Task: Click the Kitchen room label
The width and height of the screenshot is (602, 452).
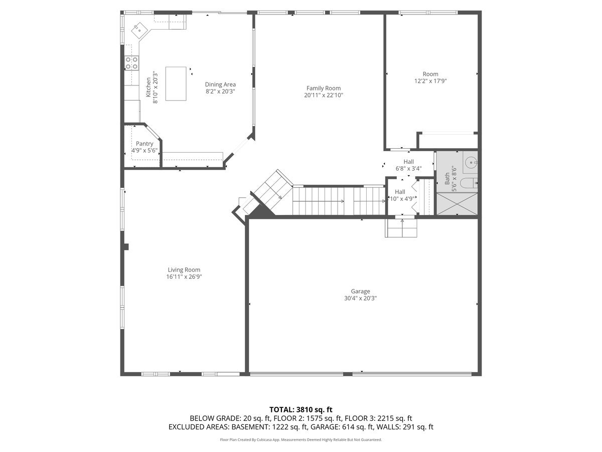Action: (x=148, y=87)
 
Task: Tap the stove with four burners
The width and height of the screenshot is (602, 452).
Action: (x=131, y=63)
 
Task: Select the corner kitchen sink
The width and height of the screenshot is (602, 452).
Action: (x=138, y=30)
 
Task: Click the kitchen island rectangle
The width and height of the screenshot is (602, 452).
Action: (x=176, y=83)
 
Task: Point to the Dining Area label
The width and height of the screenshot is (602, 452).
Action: (x=220, y=84)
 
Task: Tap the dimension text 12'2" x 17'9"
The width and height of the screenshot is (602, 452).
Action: (x=430, y=81)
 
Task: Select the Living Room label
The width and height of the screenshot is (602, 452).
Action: (x=184, y=270)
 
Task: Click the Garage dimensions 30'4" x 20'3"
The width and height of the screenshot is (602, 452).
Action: (x=360, y=298)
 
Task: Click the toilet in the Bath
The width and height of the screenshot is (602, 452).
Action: (x=470, y=183)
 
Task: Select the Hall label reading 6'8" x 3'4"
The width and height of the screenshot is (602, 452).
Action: (x=408, y=169)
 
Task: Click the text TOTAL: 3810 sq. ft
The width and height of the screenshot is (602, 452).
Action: (x=301, y=410)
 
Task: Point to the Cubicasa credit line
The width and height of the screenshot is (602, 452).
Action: (x=301, y=439)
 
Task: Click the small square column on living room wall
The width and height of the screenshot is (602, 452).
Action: (x=126, y=247)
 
